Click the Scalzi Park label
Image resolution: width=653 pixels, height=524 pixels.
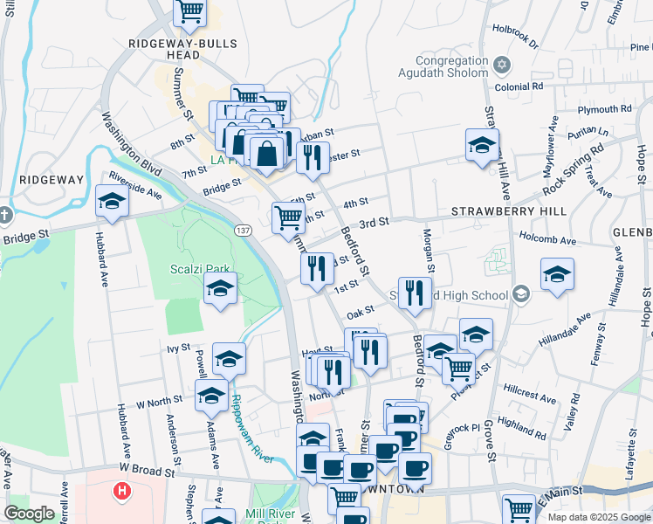tap(198, 267)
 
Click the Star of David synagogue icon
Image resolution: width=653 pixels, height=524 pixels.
tap(501, 65)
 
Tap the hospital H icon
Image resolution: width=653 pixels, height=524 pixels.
tap(121, 491)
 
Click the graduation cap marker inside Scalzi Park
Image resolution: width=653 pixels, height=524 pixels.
tap(221, 289)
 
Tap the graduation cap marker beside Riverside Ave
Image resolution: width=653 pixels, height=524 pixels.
tap(112, 202)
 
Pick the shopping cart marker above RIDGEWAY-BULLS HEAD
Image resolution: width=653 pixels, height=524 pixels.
tap(189, 11)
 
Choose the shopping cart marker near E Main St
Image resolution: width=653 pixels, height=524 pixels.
tap(519, 508)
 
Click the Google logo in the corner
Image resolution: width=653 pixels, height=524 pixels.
tap(29, 514)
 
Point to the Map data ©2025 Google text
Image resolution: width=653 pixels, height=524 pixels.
tap(598, 517)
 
